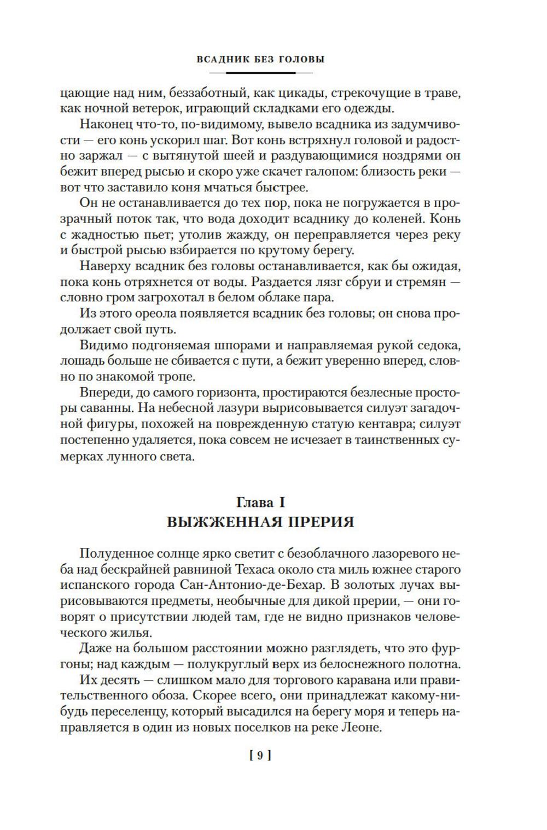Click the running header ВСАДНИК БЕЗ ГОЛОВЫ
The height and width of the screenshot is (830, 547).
260,60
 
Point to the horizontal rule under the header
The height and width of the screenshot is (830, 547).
260,72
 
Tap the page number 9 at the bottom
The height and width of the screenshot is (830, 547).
260,756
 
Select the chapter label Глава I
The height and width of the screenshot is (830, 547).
260,502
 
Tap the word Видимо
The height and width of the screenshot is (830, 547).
102,346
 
